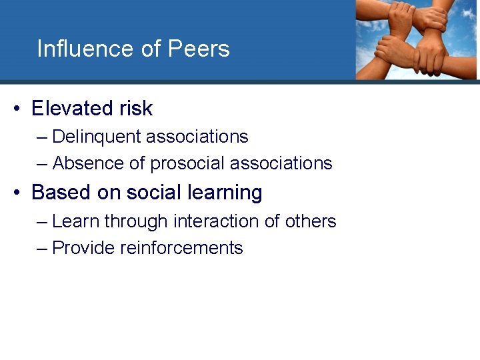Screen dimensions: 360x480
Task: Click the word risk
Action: pos(138,108)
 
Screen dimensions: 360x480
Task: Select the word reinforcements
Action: pos(181,248)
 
